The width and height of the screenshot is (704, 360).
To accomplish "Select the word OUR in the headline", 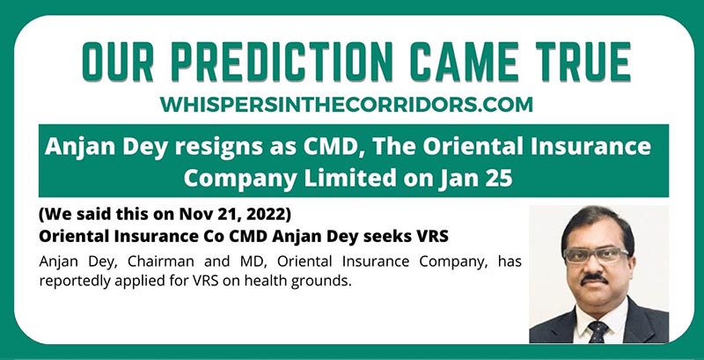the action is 120,61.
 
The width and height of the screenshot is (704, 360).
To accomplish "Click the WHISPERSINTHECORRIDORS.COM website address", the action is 347,105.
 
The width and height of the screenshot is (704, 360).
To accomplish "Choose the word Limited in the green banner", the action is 350,178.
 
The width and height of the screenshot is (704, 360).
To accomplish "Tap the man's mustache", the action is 595,280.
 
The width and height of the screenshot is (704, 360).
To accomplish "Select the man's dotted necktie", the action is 598,332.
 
